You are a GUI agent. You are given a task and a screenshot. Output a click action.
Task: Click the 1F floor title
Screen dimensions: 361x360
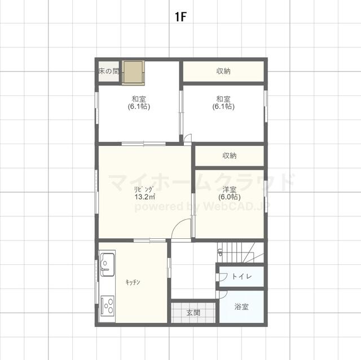(x=180, y=17)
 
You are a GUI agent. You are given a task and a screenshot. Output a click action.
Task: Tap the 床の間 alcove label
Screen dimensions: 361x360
(x=109, y=71)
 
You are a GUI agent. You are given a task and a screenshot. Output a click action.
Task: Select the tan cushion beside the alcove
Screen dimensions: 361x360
(x=133, y=73)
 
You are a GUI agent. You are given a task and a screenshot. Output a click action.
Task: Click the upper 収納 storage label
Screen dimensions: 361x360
(x=223, y=71)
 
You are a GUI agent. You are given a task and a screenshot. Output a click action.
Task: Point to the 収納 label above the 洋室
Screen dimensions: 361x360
(x=230, y=155)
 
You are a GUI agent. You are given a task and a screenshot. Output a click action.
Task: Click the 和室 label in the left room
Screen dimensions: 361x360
(x=139, y=99)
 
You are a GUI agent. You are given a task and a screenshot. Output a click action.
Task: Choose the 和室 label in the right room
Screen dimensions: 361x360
(x=223, y=99)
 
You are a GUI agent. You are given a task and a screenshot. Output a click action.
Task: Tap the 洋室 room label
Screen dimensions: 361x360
(x=230, y=190)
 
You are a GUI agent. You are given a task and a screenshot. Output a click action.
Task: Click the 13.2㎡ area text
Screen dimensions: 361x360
(x=145, y=197)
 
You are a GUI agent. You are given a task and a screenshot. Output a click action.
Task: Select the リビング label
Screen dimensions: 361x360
(x=143, y=189)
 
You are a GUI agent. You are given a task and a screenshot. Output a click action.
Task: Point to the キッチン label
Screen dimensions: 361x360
(x=133, y=282)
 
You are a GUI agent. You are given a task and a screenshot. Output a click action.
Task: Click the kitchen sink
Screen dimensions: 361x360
(x=107, y=264)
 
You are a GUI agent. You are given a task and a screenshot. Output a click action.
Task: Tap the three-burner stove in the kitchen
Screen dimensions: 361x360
(x=107, y=306)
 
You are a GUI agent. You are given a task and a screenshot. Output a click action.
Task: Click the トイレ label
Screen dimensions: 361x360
(x=241, y=276)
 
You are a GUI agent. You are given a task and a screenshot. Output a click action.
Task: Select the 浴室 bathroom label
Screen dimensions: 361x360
(x=241, y=306)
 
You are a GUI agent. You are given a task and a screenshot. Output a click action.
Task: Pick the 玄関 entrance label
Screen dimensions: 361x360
(x=193, y=313)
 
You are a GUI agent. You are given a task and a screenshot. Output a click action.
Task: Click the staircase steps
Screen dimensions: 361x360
(x=241, y=252)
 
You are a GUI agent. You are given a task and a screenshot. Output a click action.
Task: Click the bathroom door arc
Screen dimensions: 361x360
(x=224, y=295)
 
